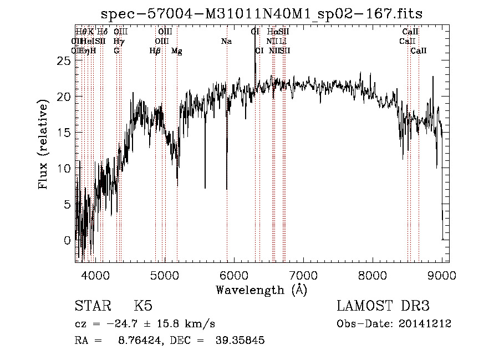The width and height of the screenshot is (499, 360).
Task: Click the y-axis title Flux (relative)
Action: click(44, 144)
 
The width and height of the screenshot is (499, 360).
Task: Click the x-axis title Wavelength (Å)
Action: click(261, 290)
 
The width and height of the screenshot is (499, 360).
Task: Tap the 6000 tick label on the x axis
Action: click(234, 275)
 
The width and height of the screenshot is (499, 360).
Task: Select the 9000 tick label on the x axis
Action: click(442, 275)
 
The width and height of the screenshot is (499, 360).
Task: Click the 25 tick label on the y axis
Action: click(65, 61)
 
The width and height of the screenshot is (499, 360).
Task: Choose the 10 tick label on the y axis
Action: click(65, 169)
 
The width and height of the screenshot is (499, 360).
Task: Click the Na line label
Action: click(226, 42)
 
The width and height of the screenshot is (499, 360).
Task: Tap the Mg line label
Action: click(177, 51)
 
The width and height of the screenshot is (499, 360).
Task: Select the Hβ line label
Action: click(155, 51)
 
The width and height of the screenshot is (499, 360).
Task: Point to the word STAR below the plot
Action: click(91, 306)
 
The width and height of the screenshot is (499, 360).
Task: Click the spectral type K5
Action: click(143, 306)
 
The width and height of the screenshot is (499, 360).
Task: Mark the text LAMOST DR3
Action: click(383, 306)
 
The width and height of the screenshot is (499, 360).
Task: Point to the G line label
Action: click(116, 51)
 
